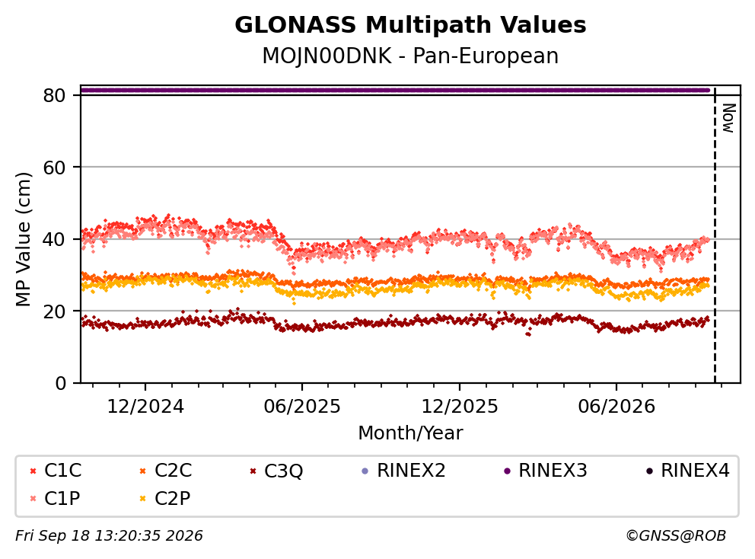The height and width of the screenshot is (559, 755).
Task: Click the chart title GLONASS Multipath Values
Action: (410, 25)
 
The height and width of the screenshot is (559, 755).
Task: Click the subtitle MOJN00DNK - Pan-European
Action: (410, 56)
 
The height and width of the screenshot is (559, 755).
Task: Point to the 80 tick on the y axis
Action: (54, 95)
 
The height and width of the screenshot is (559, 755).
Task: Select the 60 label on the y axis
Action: (54, 168)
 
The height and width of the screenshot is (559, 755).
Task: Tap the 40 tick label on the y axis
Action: (54, 239)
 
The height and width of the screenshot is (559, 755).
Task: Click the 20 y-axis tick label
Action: (54, 311)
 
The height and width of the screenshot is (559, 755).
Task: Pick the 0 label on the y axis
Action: (61, 383)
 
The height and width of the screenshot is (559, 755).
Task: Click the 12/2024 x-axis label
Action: (145, 407)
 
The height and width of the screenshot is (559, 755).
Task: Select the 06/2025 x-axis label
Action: (302, 407)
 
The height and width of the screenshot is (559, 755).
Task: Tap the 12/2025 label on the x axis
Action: (460, 407)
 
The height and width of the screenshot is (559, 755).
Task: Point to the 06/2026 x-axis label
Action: (616, 407)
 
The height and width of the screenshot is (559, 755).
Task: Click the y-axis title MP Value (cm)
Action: (23, 239)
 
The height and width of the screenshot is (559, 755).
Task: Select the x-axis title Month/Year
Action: (410, 433)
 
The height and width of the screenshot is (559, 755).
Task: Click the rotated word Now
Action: (728, 118)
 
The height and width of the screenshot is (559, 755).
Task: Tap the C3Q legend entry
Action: (276, 471)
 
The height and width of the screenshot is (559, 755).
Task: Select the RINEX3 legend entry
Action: (546, 471)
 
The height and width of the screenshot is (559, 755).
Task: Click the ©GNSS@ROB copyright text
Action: (676, 535)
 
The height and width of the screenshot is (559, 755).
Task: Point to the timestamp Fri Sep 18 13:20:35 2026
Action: (110, 535)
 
